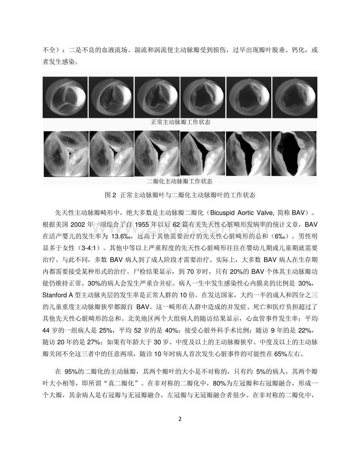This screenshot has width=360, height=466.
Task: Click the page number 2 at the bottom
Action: pyautogui.click(x=180, y=419)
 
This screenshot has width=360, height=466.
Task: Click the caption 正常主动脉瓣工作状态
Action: pyautogui.click(x=181, y=122)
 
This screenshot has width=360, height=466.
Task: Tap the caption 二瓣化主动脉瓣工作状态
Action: pyautogui.click(x=180, y=181)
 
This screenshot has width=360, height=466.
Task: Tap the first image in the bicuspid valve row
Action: pyautogui.click(x=65, y=153)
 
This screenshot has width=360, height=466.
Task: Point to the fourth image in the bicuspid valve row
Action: pyautogui.click(x=203, y=153)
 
